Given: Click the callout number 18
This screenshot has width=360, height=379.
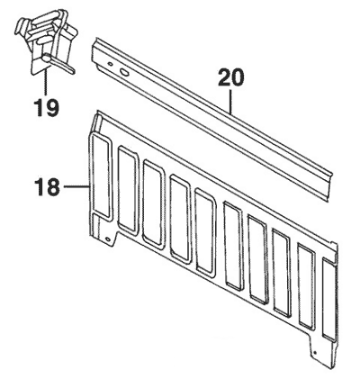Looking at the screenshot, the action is (x=47, y=186).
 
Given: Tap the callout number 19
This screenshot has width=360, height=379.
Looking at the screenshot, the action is (x=46, y=108).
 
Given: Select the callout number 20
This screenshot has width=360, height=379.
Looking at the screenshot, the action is (x=231, y=77).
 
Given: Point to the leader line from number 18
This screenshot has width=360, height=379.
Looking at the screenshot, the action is (x=76, y=186).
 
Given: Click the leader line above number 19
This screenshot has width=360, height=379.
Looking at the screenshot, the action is (x=46, y=83).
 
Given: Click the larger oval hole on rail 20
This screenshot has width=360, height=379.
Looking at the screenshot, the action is (x=124, y=72).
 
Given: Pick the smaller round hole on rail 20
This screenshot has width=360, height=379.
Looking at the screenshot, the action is (x=111, y=64).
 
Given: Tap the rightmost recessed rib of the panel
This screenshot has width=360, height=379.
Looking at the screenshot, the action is (x=330, y=298).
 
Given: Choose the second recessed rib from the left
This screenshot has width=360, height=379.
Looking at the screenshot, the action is (x=128, y=190).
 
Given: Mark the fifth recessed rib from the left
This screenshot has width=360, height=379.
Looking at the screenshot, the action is (x=205, y=232).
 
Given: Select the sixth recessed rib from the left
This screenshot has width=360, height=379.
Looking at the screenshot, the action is (x=232, y=247).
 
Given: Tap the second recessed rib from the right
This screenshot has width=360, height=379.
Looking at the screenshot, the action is (x=307, y=286).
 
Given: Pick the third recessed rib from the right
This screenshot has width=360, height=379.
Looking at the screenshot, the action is (x=282, y=273).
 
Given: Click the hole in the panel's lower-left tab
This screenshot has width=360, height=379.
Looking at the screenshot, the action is (x=108, y=239).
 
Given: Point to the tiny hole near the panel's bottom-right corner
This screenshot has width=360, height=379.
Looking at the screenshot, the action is (x=315, y=352).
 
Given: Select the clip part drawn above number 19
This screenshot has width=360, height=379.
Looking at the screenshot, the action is (x=46, y=42).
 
